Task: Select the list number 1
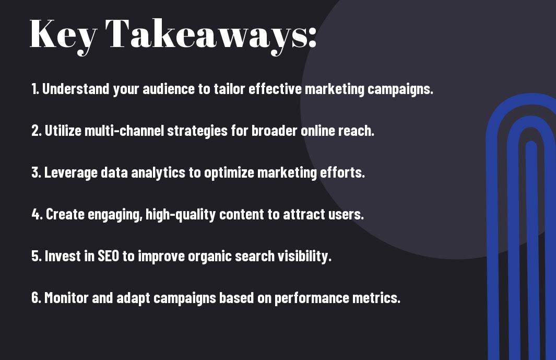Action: pos(35,89)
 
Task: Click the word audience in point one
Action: pos(169,89)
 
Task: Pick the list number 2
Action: pos(36,131)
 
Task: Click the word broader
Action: pos(275,131)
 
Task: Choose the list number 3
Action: pos(36,172)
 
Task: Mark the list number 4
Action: pos(37,214)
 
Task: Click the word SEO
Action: pos(108,256)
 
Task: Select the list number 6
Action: pos(36,297)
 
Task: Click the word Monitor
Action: pos(66,297)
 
